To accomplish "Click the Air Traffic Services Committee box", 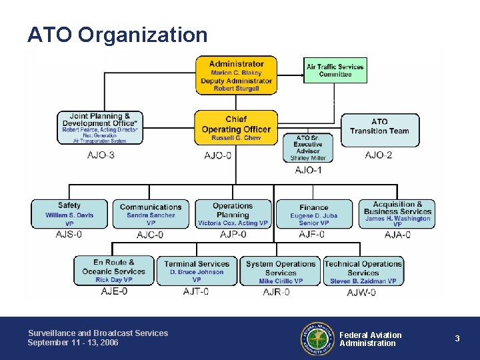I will (x=335, y=70).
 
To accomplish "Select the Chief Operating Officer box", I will (x=236, y=127).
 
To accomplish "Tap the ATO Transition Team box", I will (x=379, y=127).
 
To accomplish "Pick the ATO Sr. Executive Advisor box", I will (x=308, y=147).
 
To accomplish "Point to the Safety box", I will (x=69, y=213).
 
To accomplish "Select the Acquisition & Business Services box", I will (x=397, y=213).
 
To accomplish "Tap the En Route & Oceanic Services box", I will (x=114, y=271).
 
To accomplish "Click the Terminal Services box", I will (x=197, y=271).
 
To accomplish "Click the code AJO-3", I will (x=101, y=155).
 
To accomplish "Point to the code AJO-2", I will (x=379, y=155).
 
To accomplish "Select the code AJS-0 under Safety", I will (x=69, y=234).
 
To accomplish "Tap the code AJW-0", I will (x=361, y=291).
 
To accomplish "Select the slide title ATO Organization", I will (x=117, y=35).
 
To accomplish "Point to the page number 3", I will (x=457, y=339).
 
